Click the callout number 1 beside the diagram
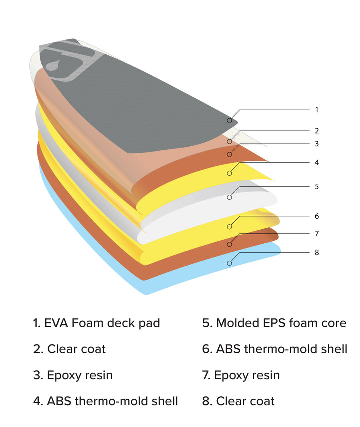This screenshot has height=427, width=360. pyautogui.click(x=316, y=110)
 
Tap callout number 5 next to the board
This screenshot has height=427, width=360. pyautogui.click(x=316, y=186)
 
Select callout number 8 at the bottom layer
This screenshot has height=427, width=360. pyautogui.click(x=316, y=252)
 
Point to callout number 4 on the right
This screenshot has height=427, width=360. pyautogui.click(x=316, y=162)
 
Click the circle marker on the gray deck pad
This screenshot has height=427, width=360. pyautogui.click(x=229, y=120)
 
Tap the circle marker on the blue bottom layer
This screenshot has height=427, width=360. pyautogui.click(x=229, y=263)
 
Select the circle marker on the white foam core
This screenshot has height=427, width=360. pyautogui.click(x=229, y=197)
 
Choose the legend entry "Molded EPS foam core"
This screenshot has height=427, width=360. pyautogui.click(x=274, y=323)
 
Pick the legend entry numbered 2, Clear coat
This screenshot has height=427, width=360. pyautogui.click(x=70, y=349)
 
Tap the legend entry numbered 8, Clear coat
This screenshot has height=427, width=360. pyautogui.click(x=238, y=401)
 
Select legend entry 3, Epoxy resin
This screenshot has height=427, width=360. pyautogui.click(x=73, y=375)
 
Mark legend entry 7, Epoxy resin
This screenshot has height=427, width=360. pyautogui.click(x=241, y=375)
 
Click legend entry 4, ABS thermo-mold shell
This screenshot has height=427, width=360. pyautogui.click(x=106, y=401)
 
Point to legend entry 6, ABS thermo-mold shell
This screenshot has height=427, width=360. pyautogui.click(x=275, y=349)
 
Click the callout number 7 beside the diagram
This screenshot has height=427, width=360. pyautogui.click(x=316, y=233)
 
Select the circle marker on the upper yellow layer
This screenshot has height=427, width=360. pyautogui.click(x=229, y=173)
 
